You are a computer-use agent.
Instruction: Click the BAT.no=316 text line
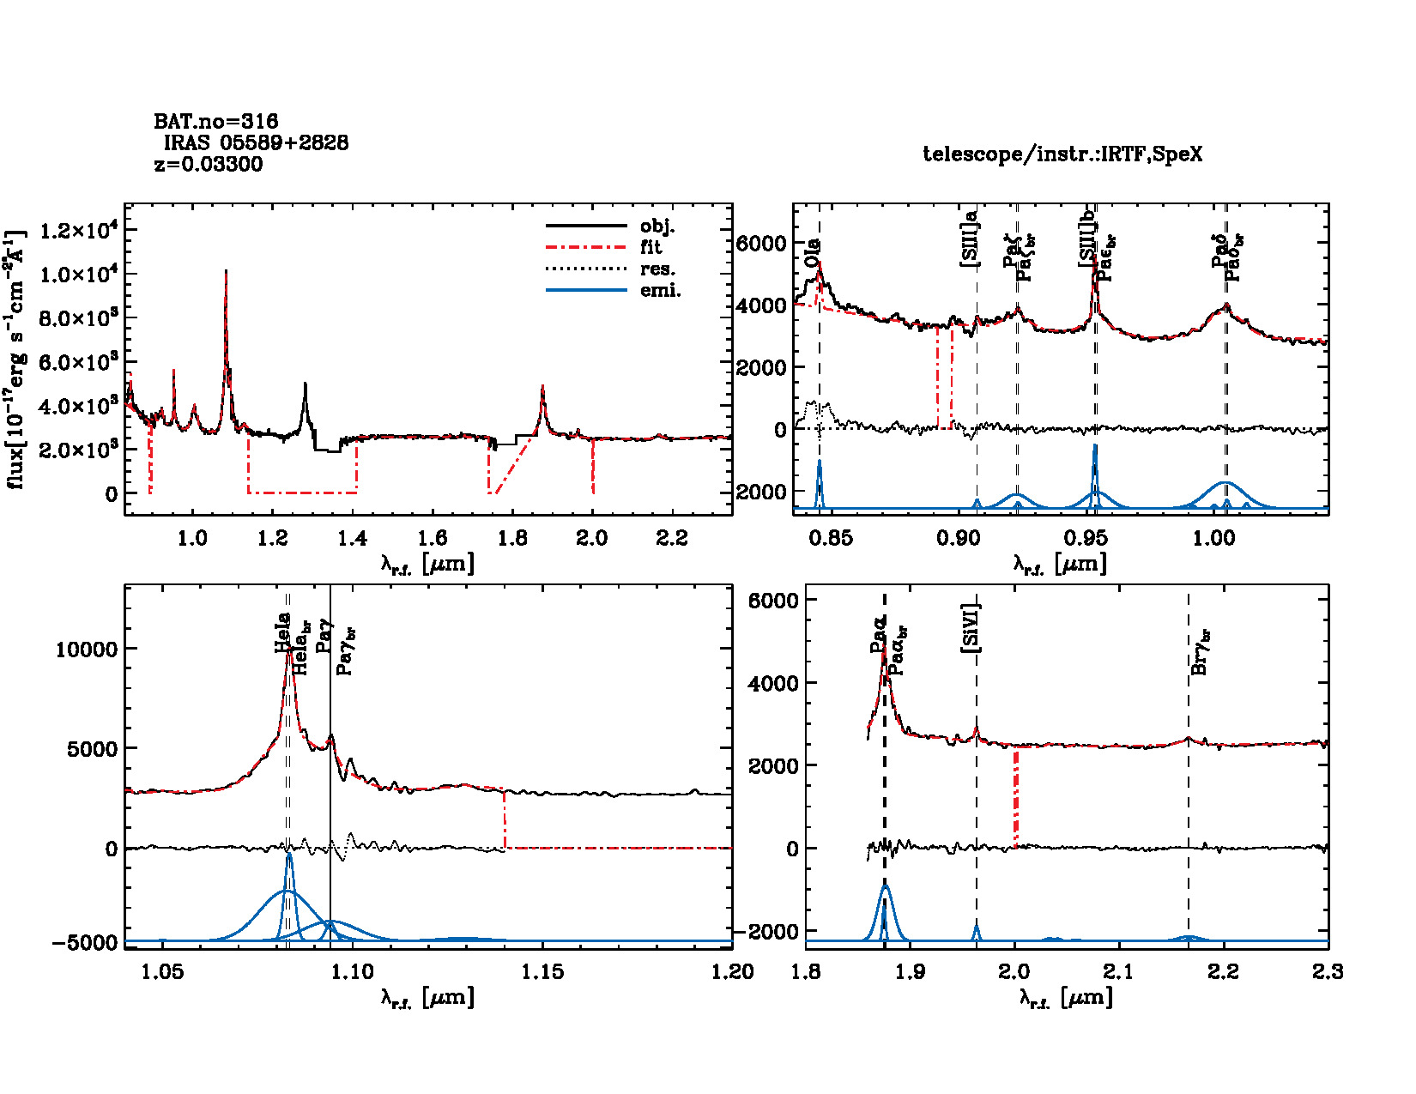(215, 122)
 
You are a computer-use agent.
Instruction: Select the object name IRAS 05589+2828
(256, 143)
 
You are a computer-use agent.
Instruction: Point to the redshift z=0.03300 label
(209, 165)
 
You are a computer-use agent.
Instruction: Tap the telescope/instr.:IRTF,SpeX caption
(1062, 154)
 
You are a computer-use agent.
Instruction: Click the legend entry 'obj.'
(657, 227)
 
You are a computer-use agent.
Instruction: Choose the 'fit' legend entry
(651, 248)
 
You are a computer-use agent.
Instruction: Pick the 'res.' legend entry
(657, 269)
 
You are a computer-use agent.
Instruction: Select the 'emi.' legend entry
(660, 291)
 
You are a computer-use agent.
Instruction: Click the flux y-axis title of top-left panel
(15, 359)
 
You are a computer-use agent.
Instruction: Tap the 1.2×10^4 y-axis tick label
(78, 231)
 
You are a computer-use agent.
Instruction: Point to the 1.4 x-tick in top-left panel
(352, 539)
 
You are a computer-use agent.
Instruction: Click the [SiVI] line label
(971, 628)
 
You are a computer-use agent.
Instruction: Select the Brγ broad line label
(1201, 652)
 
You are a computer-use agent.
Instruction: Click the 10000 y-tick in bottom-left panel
(86, 650)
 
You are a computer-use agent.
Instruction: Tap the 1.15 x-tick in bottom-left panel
(542, 972)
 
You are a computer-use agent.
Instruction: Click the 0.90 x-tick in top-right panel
(958, 539)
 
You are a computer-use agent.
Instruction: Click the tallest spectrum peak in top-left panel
(226, 271)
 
